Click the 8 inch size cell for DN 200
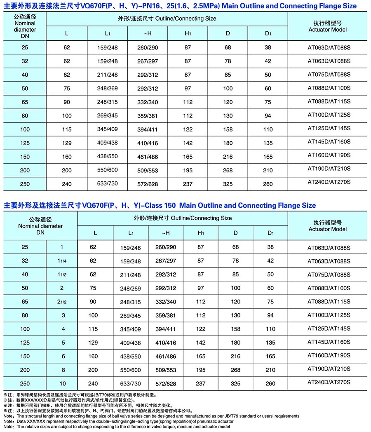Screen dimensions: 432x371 pyautogui.click(x=62, y=370)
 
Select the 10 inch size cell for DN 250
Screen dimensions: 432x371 pyautogui.click(x=62, y=383)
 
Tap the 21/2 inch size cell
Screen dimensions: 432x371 pyautogui.click(x=62, y=302)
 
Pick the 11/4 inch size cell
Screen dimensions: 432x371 pyautogui.click(x=62, y=261)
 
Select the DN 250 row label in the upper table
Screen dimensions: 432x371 pyautogui.click(x=25, y=184)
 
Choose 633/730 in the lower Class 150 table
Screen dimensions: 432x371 pyautogui.click(x=131, y=384)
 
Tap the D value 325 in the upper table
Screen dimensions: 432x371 pyautogui.click(x=228, y=184)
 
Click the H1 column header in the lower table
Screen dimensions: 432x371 pyautogui.click(x=201, y=233)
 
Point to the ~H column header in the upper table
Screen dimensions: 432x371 pyautogui.click(x=148, y=33)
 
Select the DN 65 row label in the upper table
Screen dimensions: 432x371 pyautogui.click(x=25, y=102)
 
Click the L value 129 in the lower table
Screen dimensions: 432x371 pyautogui.click(x=93, y=343)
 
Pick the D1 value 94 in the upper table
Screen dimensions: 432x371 pyautogui.click(x=268, y=116)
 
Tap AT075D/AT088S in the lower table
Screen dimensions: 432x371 pyautogui.click(x=329, y=275)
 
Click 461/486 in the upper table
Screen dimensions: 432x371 pyautogui.click(x=148, y=157)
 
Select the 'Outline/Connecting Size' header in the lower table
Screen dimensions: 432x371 pyautogui.click(x=183, y=218)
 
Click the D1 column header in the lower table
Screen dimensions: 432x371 pyautogui.click(x=270, y=233)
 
